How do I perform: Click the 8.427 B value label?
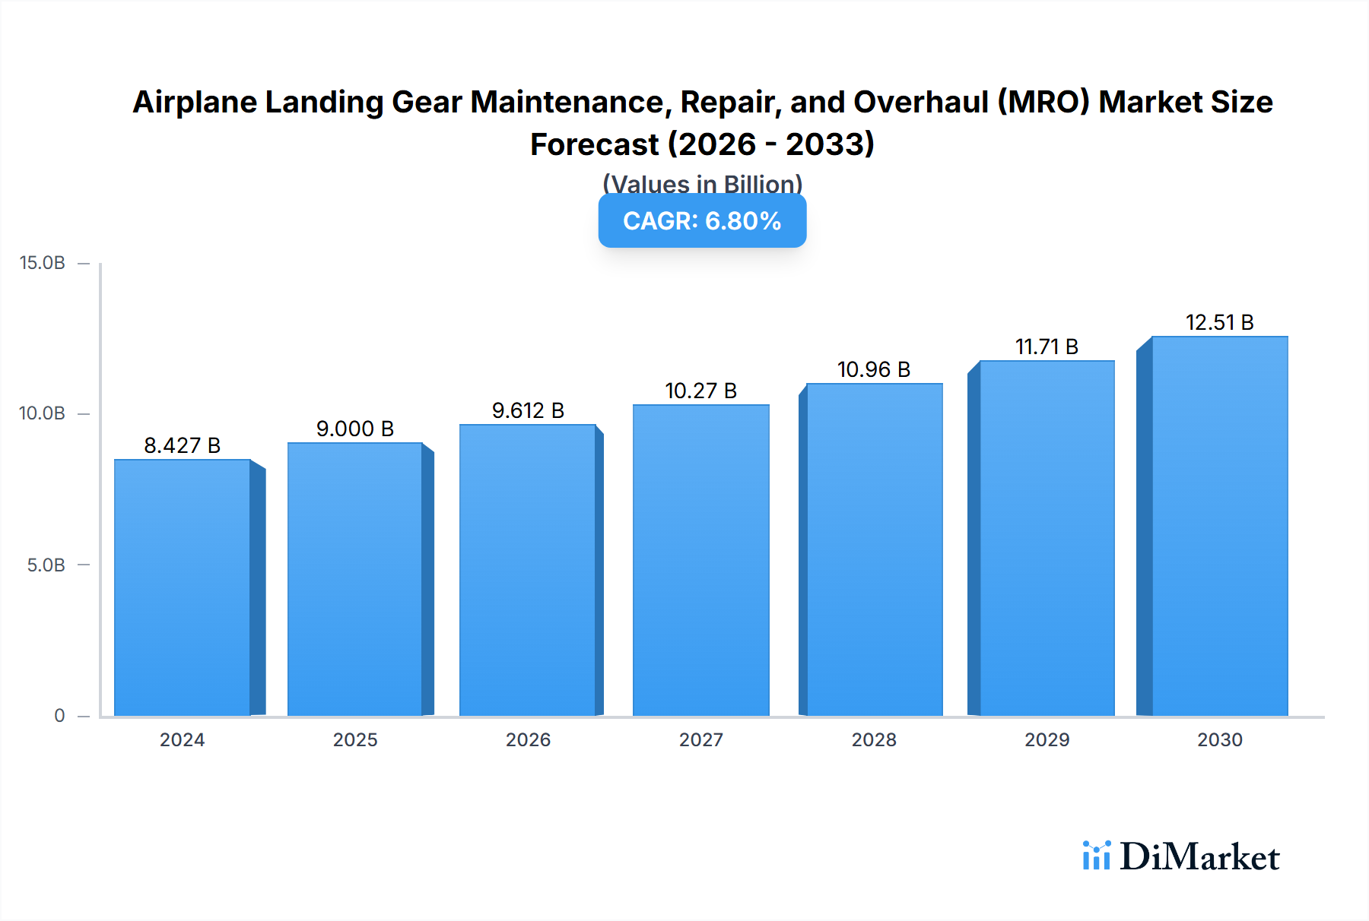(x=183, y=445)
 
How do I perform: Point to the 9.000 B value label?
(x=355, y=429)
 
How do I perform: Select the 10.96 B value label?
(x=874, y=369)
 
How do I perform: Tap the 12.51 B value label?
(x=1219, y=322)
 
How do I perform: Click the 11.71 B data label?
(x=1047, y=347)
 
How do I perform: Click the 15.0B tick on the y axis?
(x=43, y=263)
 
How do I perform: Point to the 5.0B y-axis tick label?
(x=46, y=565)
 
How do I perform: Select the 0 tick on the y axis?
(x=59, y=715)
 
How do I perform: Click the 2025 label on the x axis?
(x=355, y=739)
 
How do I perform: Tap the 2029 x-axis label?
(x=1047, y=739)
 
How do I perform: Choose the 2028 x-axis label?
(x=874, y=739)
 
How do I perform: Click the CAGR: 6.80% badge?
(x=702, y=221)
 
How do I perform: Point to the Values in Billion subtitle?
(x=702, y=184)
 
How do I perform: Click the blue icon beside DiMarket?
(x=1096, y=856)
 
